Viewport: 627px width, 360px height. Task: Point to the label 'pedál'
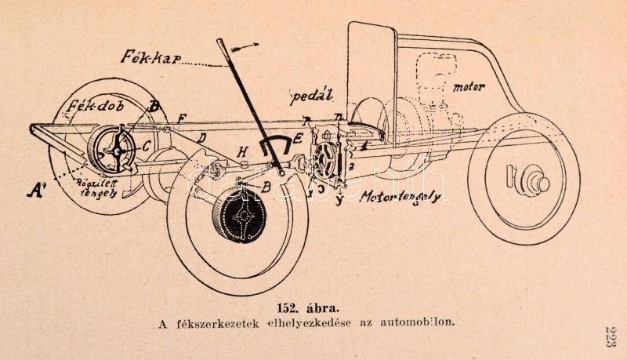coord(312,97)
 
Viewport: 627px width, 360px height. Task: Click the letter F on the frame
coord(182,118)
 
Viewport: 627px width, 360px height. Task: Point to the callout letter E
coord(297,139)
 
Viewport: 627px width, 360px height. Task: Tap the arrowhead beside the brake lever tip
coord(252,45)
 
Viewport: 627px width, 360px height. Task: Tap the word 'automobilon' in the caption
coord(417,322)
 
